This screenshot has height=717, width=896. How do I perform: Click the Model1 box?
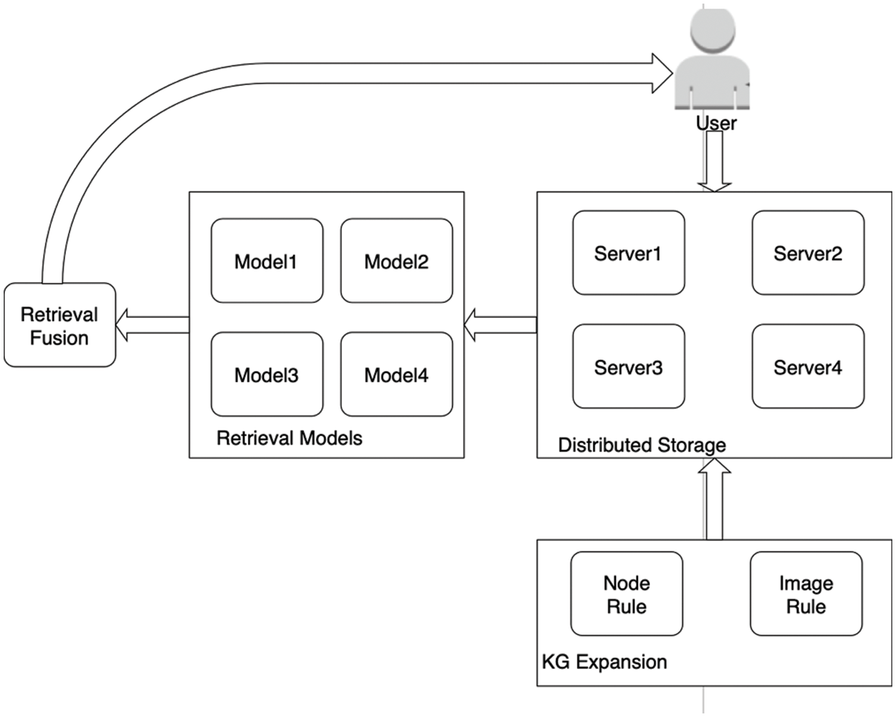pos(267,261)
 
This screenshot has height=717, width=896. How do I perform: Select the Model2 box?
pos(396,261)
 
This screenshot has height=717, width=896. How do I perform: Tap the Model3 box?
pos(267,374)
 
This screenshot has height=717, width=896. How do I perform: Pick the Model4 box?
pos(396,374)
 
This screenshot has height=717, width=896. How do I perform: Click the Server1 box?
pos(629,253)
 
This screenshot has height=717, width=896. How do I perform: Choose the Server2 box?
pos(808,253)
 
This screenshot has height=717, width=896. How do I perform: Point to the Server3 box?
pos(629,367)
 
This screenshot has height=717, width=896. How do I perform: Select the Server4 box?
pos(808,367)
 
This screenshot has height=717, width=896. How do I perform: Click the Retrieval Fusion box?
pos(59,325)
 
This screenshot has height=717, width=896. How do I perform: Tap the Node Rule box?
pos(626,594)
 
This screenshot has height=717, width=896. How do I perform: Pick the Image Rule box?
pos(806,594)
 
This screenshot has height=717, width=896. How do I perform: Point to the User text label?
pos(716,123)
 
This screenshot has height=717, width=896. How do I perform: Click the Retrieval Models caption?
pos(290,438)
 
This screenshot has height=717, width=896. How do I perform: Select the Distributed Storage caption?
pos(642,445)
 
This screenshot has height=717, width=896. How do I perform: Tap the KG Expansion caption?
pos(604,661)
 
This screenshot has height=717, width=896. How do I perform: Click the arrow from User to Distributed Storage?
pos(714,160)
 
